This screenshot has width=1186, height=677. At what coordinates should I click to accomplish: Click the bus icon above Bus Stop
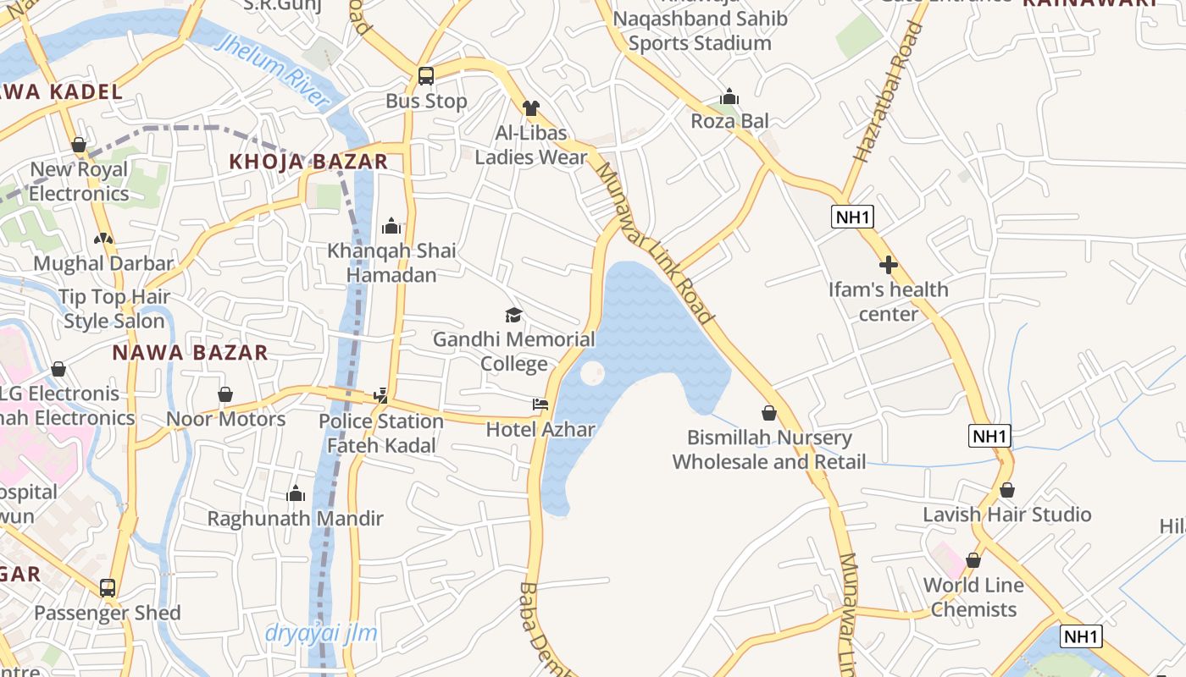click(426, 76)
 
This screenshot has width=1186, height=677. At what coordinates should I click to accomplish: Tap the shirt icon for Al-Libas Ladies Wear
click(531, 108)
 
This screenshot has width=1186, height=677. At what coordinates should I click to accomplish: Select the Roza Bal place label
click(729, 121)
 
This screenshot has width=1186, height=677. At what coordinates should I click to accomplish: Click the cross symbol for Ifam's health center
click(888, 266)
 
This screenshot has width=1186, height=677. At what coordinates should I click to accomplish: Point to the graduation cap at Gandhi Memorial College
click(513, 316)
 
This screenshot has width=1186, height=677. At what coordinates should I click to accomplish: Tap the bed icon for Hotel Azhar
click(540, 405)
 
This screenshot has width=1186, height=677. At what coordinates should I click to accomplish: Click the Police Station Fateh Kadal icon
click(381, 395)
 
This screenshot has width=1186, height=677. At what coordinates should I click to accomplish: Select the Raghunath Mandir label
click(296, 518)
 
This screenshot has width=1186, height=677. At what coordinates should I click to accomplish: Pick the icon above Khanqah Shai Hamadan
click(391, 226)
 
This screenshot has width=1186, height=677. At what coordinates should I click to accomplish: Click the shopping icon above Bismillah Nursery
click(769, 413)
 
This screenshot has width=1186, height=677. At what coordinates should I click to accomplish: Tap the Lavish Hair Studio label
click(1006, 515)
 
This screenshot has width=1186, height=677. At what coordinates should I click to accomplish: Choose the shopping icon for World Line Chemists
click(973, 560)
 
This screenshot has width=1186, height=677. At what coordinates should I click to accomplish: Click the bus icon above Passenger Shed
click(108, 587)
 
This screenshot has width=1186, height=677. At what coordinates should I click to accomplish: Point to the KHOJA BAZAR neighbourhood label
click(308, 162)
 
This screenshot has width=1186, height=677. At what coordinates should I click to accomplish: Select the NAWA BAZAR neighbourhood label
click(190, 353)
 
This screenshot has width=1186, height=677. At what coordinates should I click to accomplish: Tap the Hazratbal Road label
click(888, 93)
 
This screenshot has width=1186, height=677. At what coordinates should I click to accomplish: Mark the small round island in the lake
click(591, 372)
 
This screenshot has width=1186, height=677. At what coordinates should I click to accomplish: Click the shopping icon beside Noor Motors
click(225, 395)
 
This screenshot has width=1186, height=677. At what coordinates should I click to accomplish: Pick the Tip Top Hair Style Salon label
click(114, 309)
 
